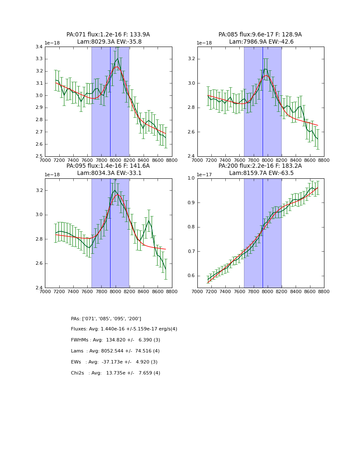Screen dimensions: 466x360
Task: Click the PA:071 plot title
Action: click(x=108, y=35)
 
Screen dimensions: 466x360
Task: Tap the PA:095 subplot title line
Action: click(x=108, y=166)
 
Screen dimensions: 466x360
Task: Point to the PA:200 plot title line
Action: click(x=260, y=166)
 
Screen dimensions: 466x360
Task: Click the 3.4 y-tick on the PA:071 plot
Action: click(x=39, y=47)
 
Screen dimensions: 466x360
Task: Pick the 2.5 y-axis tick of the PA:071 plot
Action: click(x=39, y=156)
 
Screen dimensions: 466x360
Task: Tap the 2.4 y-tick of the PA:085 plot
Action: click(x=191, y=156)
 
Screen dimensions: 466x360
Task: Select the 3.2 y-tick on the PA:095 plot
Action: click(x=39, y=191)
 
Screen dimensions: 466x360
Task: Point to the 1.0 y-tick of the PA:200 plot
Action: click(x=191, y=178)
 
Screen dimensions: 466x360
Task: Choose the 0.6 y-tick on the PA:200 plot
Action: click(x=191, y=276)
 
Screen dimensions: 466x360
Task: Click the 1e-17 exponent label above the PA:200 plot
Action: click(x=205, y=175)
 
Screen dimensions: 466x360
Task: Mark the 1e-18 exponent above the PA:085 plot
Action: click(x=205, y=43)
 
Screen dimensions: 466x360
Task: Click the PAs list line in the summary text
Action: click(x=106, y=319)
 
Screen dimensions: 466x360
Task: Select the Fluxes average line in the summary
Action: click(x=124, y=329)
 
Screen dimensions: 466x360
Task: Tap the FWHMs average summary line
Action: click(x=116, y=340)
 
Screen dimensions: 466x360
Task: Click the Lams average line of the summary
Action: click(x=115, y=351)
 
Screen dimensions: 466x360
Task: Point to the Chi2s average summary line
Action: click(x=116, y=373)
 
